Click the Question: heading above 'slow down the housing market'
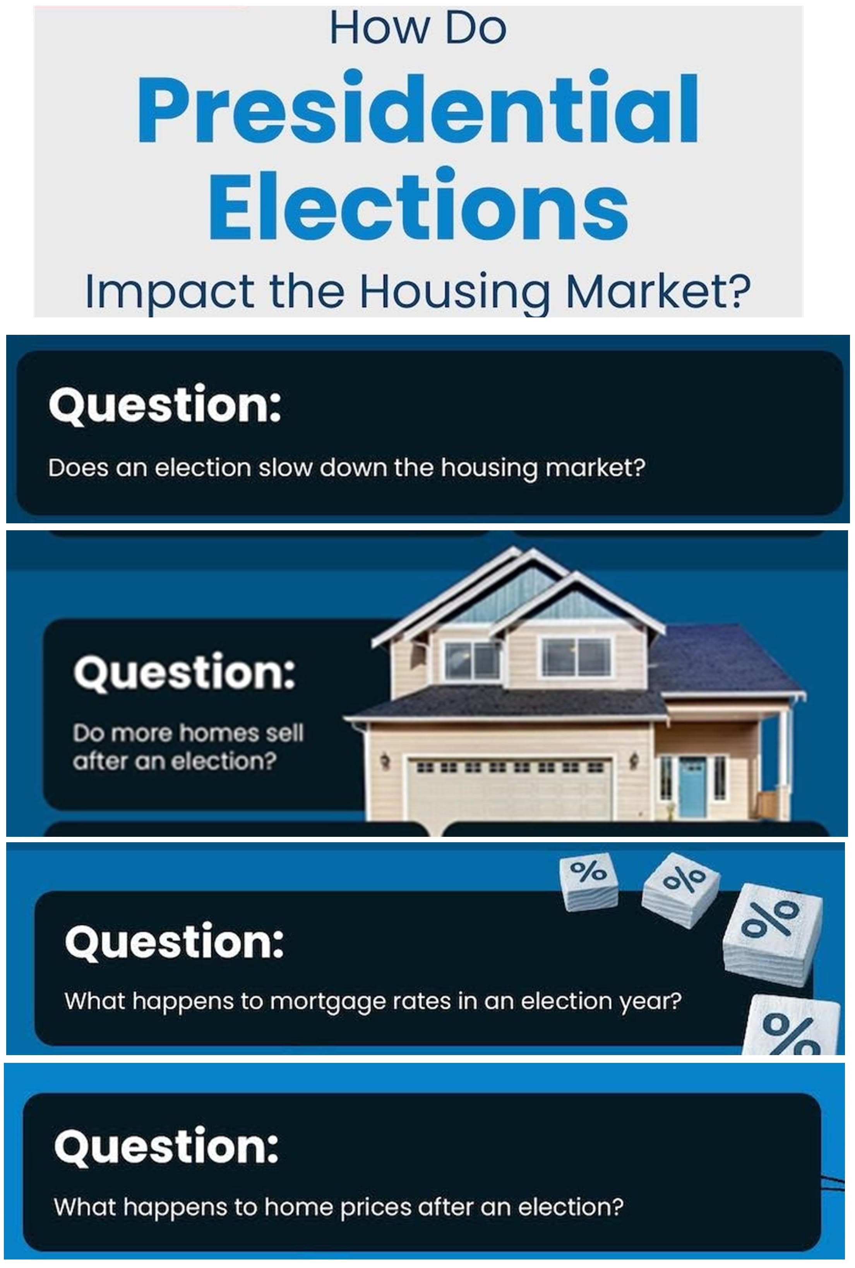164,405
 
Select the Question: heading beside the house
184,672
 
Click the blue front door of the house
692,787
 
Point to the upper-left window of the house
472,660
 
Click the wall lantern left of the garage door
386,759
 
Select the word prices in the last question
375,1208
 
